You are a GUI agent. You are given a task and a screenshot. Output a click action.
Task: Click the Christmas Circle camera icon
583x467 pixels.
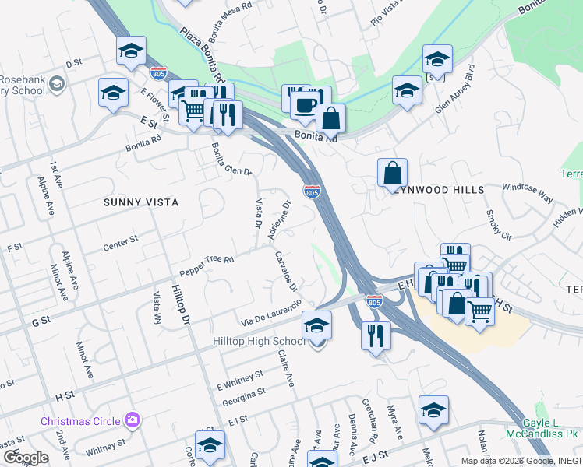click(132, 421)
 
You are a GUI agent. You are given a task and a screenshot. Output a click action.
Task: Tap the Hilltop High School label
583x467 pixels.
click(259, 342)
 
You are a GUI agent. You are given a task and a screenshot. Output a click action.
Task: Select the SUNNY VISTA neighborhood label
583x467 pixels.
click(141, 202)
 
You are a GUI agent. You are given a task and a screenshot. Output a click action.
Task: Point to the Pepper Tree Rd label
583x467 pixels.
click(207, 265)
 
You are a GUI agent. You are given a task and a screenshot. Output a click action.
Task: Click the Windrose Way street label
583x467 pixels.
click(527, 193)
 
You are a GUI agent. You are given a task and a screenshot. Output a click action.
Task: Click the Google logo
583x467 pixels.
click(26, 458)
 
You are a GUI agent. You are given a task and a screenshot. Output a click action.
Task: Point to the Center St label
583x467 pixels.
click(120, 244)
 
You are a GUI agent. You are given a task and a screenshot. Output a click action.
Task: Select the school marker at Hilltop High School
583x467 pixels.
click(316, 326)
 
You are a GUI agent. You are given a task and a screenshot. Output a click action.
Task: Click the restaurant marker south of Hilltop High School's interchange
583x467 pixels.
click(376, 336)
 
